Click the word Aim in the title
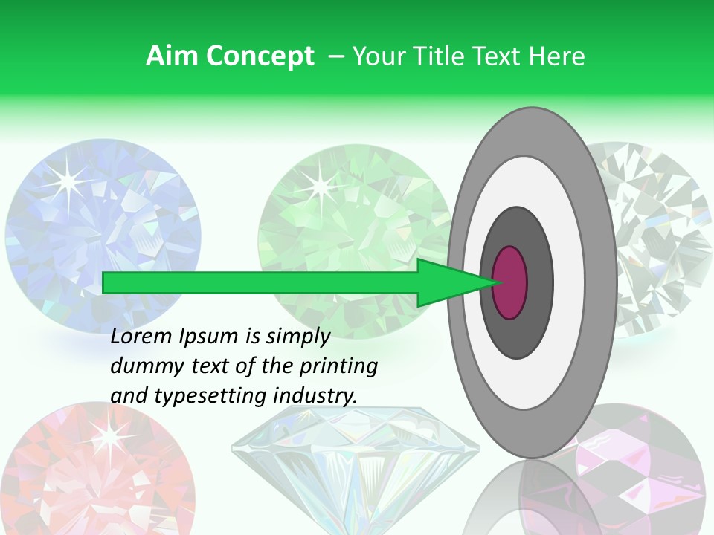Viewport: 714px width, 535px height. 172,56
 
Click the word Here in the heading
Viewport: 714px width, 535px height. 557,56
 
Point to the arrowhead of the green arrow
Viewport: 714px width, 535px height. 454,282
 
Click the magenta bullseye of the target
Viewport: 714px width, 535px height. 510,282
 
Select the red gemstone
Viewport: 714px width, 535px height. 89,476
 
